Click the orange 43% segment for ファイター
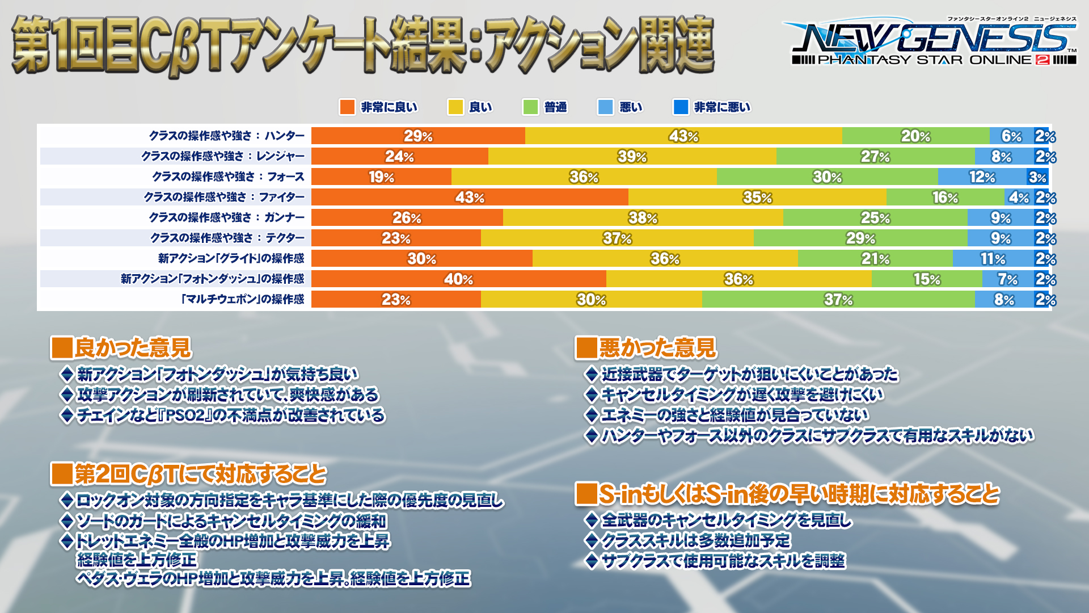coord(470,197)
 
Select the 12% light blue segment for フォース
coord(982,177)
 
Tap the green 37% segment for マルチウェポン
coord(838,299)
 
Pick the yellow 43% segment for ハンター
coord(683,136)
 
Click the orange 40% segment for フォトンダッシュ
coord(458,279)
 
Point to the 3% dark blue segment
coord(1037,177)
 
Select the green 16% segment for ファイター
coord(945,197)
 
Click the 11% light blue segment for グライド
coord(993,258)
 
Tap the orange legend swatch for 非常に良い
coord(347,107)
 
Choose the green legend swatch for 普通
coord(530,107)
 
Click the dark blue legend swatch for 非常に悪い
coord(681,107)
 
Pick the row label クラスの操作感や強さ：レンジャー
coord(223,156)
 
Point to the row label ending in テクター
coord(227,238)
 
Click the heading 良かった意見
coord(133,347)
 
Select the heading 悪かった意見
coord(658,347)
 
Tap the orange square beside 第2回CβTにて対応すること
coord(61,474)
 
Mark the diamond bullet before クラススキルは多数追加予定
coord(592,540)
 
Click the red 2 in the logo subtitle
coord(1042,60)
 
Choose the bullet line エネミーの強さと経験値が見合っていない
coord(735,415)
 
